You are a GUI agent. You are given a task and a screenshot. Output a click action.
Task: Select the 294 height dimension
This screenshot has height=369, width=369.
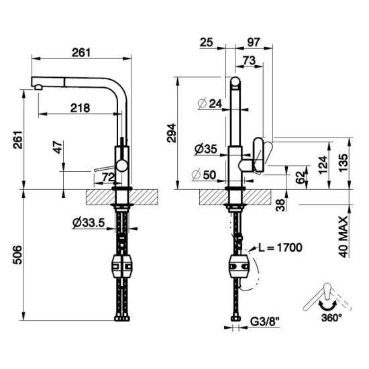pos(172,133)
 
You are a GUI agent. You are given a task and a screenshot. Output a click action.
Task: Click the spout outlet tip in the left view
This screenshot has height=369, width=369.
pos(36,85)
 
